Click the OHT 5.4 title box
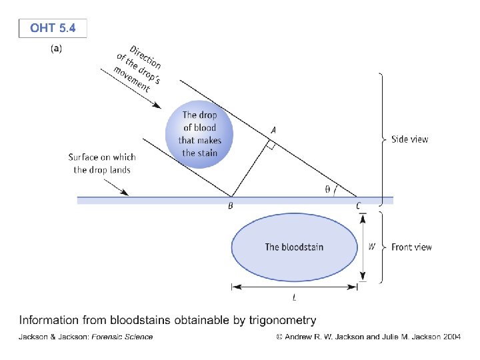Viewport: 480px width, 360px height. [x=53, y=29]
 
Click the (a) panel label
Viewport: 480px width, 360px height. [x=57, y=49]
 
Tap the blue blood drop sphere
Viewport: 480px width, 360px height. [x=200, y=133]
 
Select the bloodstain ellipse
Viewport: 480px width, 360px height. [x=294, y=247]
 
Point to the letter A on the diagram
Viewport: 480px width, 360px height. [x=272, y=129]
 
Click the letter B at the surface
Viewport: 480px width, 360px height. [x=230, y=207]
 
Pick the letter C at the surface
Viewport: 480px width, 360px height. [x=359, y=207]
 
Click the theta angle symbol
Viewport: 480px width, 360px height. [x=327, y=189]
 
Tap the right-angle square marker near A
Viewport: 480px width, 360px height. [x=270, y=145]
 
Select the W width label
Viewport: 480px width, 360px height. [x=372, y=247]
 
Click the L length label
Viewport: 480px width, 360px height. [x=294, y=297]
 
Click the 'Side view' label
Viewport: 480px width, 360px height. [x=409, y=139]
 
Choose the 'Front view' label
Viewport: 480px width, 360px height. [x=411, y=247]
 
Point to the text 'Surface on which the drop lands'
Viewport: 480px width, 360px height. [x=102, y=163]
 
